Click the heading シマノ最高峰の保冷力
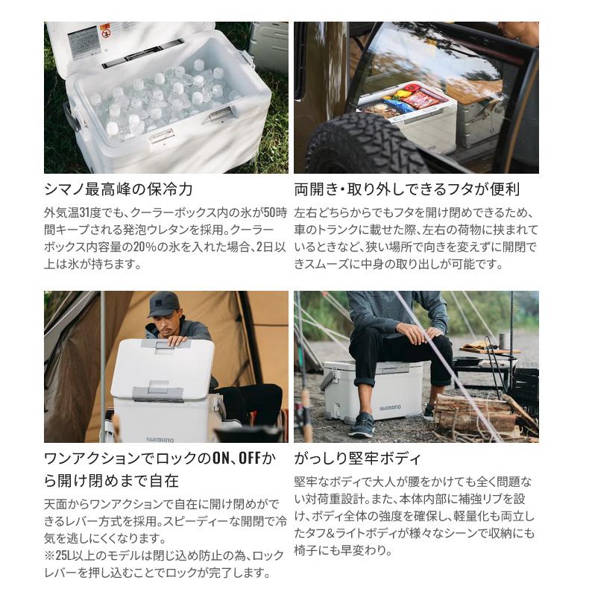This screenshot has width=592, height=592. tap(119, 189)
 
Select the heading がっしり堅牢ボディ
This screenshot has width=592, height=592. tap(358, 458)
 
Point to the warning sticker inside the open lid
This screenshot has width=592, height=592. tap(84, 42)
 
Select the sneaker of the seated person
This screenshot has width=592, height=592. tap(361, 425)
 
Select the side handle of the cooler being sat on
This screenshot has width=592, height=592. tap(328, 380)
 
